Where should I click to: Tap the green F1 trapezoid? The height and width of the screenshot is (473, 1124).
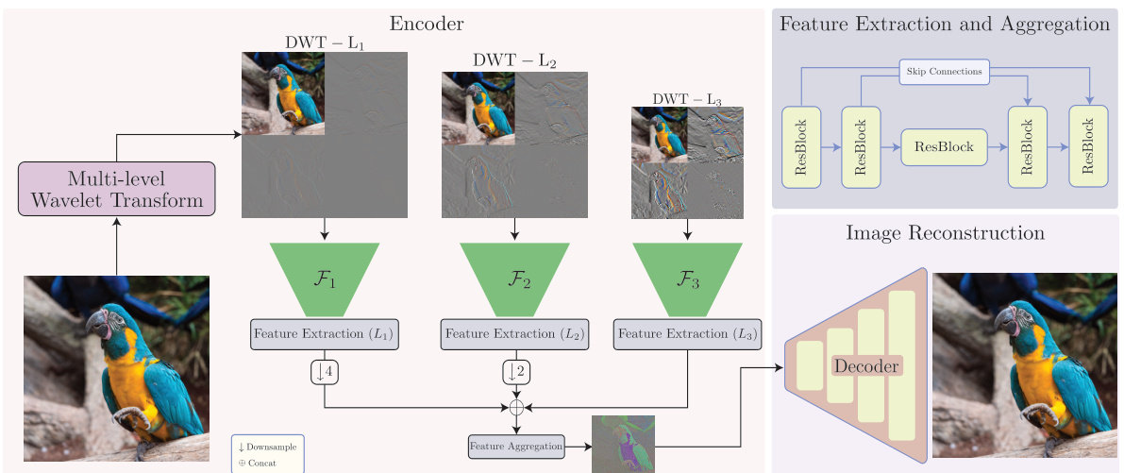324,278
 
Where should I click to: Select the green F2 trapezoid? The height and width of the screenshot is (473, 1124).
514,278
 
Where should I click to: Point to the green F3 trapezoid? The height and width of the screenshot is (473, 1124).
687,278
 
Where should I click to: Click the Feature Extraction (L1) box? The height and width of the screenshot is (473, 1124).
324,334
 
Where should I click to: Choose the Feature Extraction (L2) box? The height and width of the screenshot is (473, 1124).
514,334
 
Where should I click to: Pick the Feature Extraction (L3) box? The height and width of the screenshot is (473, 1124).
687,334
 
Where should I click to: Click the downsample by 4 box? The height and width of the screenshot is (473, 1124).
324,373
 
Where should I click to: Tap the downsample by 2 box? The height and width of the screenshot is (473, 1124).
515,373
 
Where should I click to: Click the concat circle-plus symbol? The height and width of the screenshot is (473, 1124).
515,408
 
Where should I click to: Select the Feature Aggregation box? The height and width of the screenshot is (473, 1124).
516,445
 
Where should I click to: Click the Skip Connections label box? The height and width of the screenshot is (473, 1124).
945,72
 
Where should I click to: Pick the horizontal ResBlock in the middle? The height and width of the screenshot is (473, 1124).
944,147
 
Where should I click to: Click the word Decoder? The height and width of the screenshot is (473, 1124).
866,365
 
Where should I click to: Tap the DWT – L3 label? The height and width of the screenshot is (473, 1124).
687,98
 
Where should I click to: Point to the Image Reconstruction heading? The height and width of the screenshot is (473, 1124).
945,232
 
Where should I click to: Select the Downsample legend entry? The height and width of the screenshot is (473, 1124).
268,446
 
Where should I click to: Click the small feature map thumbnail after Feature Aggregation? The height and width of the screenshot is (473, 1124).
623,444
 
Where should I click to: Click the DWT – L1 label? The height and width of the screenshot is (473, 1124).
324,42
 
